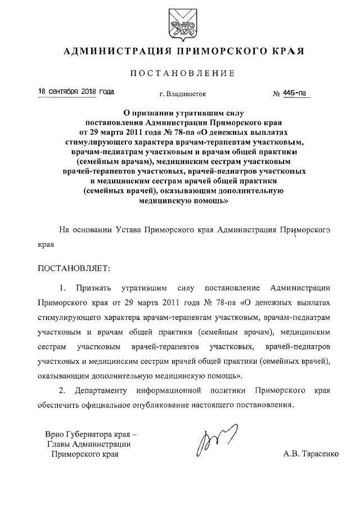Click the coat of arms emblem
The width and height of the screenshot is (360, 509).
(x=179, y=24)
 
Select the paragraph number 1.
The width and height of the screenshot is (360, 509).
(x=63, y=289)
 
